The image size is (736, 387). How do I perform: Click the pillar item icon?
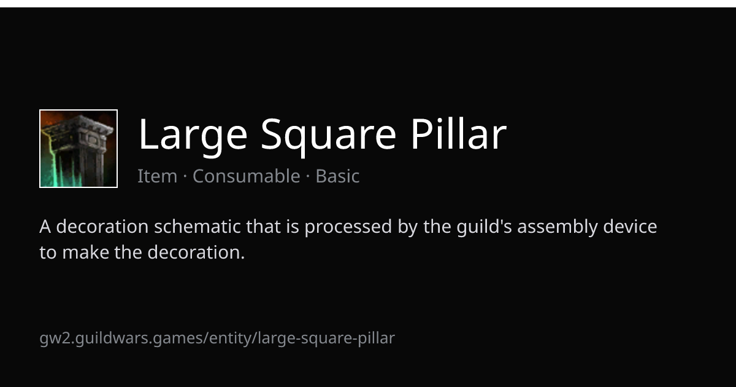pyautogui.click(x=79, y=149)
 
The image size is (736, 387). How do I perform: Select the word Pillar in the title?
pyautogui.click(x=458, y=133)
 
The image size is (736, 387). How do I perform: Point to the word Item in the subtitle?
pyautogui.click(x=158, y=176)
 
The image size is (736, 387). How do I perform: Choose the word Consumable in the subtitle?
pyautogui.click(x=247, y=176)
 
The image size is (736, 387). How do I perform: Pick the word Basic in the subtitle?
pyautogui.click(x=337, y=176)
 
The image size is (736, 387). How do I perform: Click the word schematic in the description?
pyautogui.click(x=197, y=227)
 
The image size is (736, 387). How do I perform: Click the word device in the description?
pyautogui.click(x=630, y=227)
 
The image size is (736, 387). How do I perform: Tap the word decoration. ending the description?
pyautogui.click(x=196, y=252)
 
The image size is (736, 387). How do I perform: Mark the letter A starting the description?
pyautogui.click(x=45, y=227)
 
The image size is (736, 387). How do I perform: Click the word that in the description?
pyautogui.click(x=264, y=227)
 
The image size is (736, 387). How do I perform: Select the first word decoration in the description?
pyautogui.click(x=102, y=227)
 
